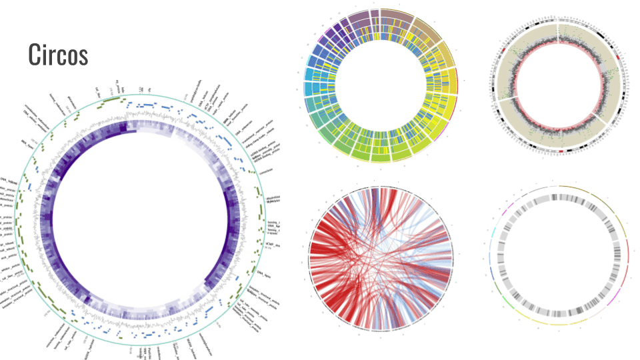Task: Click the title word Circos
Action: tap(58, 55)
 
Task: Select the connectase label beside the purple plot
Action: tap(265, 171)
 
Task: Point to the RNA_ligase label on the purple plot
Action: tap(27, 142)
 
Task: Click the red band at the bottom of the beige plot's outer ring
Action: tap(561, 151)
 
